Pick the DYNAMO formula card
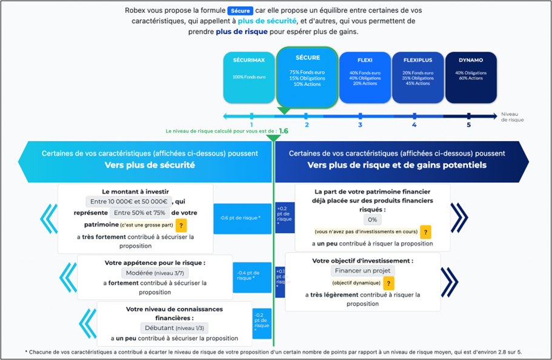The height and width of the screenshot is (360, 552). coord(471,76)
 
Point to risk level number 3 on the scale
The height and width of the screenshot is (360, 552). coord(360,125)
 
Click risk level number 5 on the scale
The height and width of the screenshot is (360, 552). coord(468,125)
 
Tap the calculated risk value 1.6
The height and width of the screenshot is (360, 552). coord(284,130)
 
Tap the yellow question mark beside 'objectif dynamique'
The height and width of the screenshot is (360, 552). coord(388,283)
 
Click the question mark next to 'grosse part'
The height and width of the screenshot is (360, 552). coord(181,225)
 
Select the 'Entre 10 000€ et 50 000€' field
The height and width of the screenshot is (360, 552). coord(128,201)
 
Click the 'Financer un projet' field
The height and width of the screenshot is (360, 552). coord(362,271)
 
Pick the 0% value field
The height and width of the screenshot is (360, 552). coord(372,219)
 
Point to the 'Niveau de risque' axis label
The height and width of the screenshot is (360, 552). coord(512,117)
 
